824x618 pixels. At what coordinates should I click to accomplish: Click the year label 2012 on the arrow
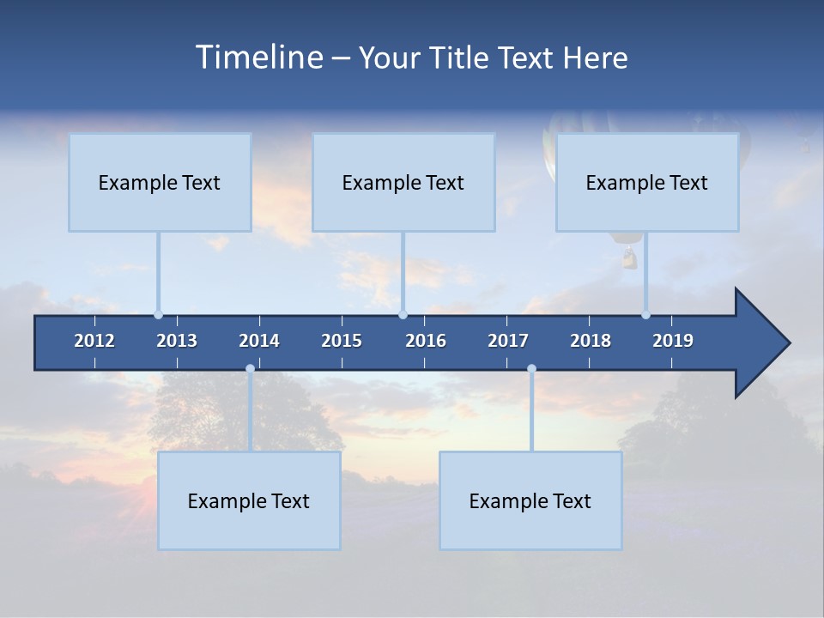(94, 341)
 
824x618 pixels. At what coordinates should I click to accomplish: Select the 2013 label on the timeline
(177, 341)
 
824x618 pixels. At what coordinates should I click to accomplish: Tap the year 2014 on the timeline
(259, 341)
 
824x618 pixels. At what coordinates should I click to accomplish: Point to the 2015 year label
(342, 341)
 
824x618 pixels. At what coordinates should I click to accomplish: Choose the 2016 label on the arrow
(426, 341)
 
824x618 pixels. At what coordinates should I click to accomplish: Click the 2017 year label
(508, 341)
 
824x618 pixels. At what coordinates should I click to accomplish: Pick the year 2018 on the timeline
(591, 341)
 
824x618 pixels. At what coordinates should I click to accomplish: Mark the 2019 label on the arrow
(673, 341)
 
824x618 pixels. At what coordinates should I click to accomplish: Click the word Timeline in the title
(258, 58)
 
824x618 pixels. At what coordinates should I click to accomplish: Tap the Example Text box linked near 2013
(160, 182)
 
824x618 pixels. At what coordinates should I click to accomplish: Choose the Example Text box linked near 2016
(403, 182)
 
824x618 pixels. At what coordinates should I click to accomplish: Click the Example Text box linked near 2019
(647, 182)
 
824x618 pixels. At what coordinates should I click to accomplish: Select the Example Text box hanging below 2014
(249, 500)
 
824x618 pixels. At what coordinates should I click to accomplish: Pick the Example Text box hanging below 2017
(530, 500)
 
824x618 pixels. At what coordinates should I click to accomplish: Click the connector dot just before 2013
(158, 315)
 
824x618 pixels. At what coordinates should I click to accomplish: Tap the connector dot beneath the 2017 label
(531, 369)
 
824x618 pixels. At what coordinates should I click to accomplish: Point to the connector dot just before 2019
(645, 315)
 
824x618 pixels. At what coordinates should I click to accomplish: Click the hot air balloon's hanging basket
(629, 257)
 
